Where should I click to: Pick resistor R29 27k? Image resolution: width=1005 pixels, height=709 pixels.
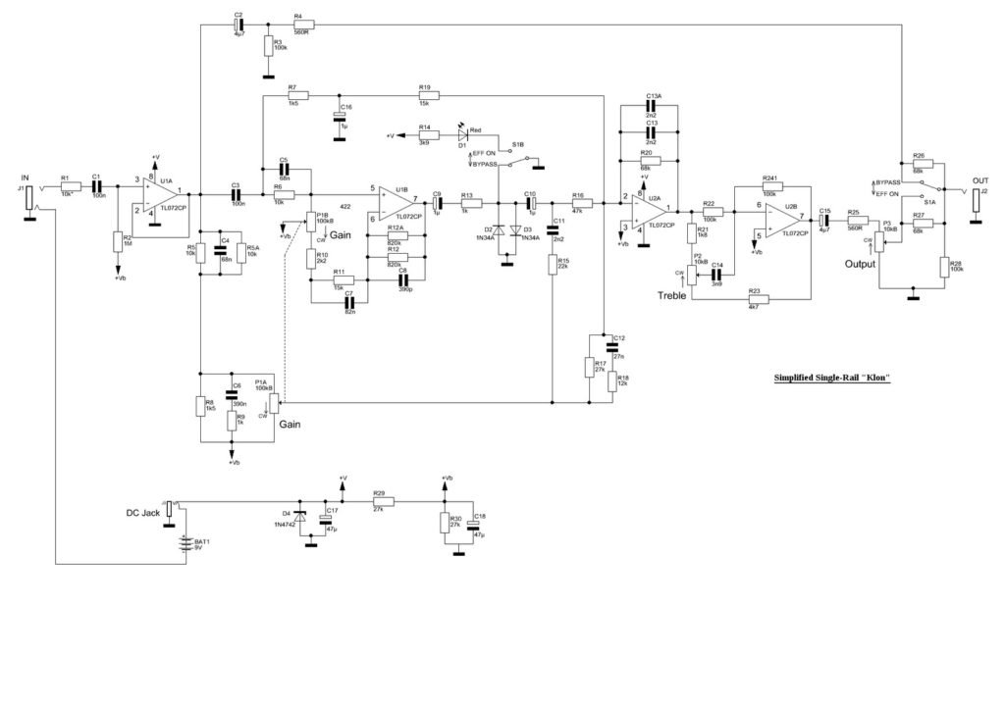(x=382, y=501)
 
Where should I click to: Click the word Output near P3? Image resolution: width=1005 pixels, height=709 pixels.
(x=860, y=263)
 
